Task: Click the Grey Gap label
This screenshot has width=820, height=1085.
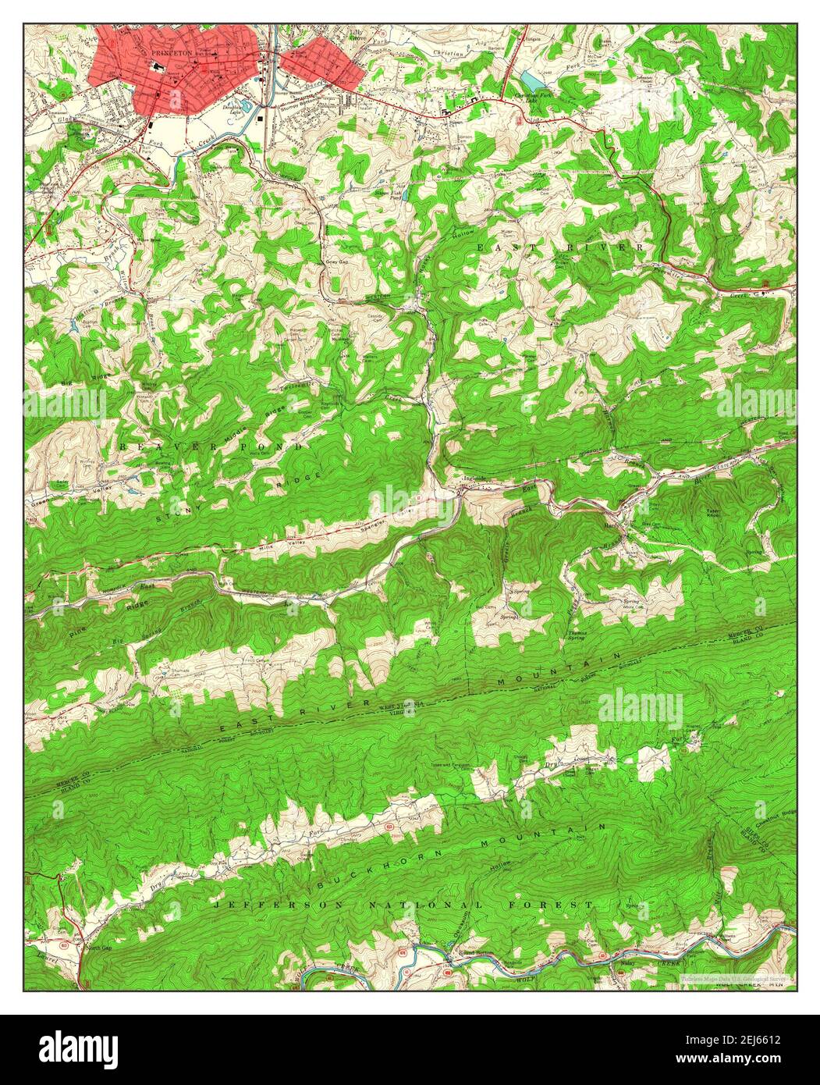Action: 336,262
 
